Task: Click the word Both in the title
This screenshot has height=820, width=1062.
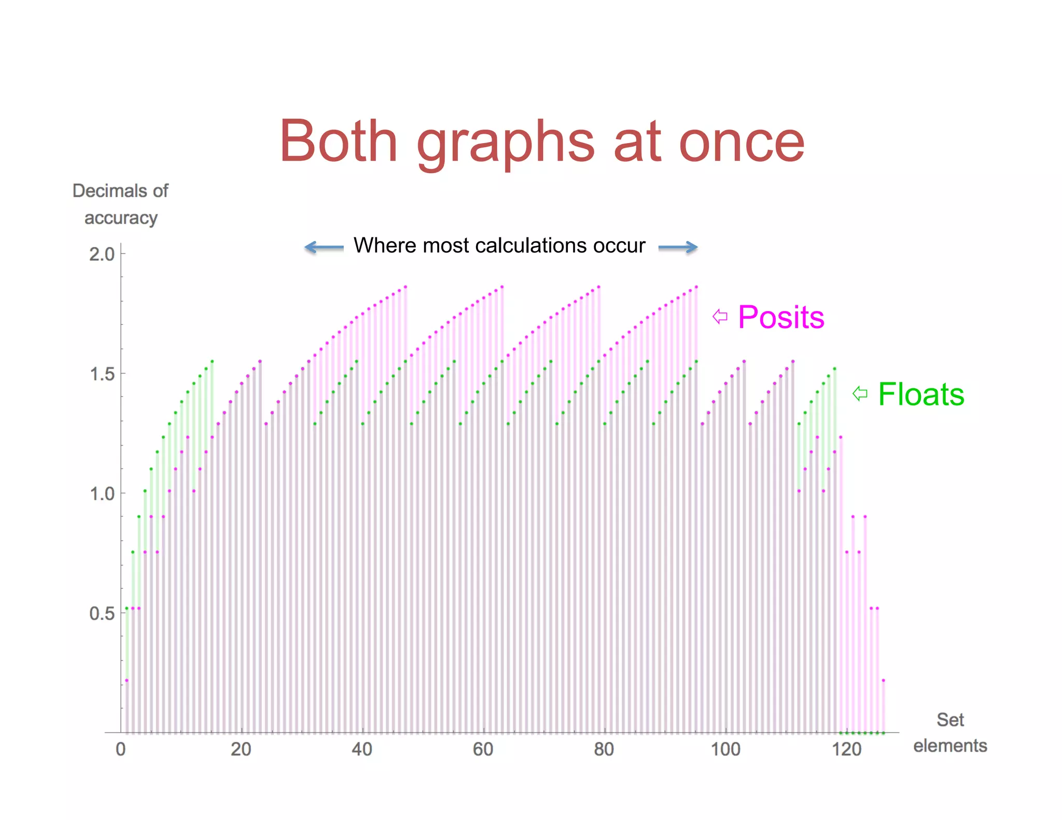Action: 339,141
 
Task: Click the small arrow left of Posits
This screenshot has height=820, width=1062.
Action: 720,316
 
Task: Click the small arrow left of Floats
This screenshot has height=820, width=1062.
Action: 860,394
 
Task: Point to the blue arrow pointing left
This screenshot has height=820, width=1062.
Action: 324,247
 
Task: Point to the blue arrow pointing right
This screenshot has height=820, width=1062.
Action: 678,247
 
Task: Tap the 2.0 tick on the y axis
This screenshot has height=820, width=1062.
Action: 102,255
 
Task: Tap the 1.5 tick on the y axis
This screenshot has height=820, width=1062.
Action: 102,374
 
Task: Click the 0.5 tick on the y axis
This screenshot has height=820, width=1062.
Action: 102,614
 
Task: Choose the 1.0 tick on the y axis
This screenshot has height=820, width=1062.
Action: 102,493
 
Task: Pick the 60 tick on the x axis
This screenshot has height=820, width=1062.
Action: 483,749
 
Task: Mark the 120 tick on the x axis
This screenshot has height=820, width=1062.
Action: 846,749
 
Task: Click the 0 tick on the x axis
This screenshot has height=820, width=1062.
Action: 121,749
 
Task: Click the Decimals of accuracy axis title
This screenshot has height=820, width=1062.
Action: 120,204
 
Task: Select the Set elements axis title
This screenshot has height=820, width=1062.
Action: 950,732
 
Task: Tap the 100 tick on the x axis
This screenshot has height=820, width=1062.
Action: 725,749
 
